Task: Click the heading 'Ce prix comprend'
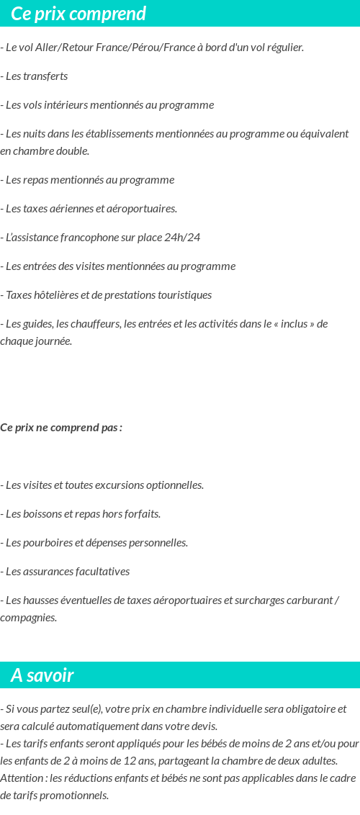[x=78, y=14]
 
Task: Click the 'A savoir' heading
[x=42, y=675]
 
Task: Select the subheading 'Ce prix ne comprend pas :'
[x=61, y=428]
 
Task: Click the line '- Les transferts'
[x=34, y=76]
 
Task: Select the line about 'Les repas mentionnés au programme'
[x=87, y=180]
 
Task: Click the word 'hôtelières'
[x=63, y=295]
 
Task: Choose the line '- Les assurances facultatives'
[x=65, y=572]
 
